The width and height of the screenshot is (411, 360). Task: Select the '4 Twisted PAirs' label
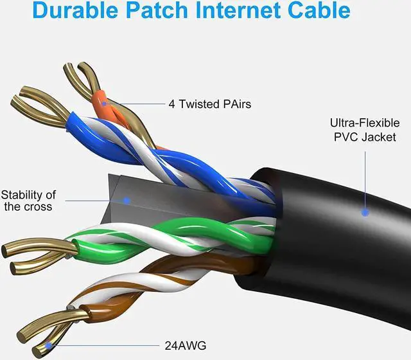point(201,103)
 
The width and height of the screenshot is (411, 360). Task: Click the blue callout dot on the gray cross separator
point(127,200)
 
